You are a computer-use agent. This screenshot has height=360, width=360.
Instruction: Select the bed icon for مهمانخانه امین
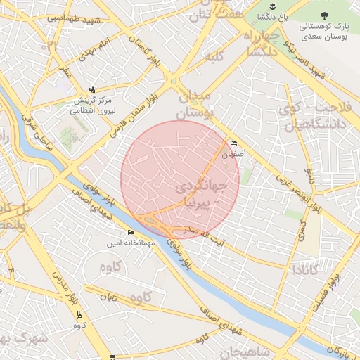[131, 233]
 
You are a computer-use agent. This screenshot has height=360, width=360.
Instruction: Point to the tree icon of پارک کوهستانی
[324, 15]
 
